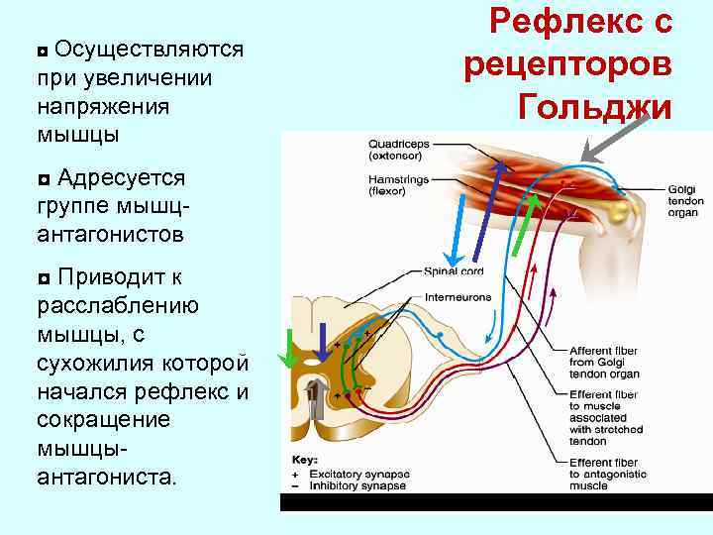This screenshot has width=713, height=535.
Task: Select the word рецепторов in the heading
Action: (566, 62)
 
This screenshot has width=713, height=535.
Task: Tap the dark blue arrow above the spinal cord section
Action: (323, 341)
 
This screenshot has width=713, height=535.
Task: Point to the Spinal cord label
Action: (454, 270)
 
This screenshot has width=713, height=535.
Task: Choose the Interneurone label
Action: (457, 296)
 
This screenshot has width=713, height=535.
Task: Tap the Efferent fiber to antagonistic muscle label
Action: (607, 475)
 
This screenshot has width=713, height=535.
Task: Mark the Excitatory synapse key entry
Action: (354, 475)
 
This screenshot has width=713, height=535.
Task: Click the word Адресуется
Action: (121, 177)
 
